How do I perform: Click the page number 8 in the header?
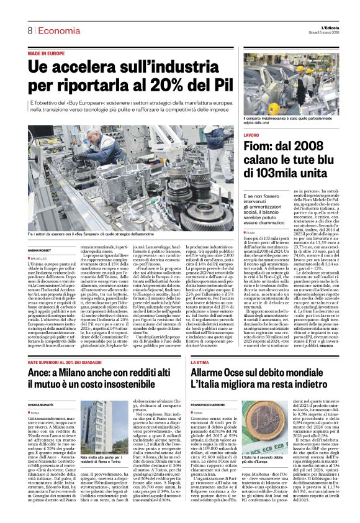[29, 30]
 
